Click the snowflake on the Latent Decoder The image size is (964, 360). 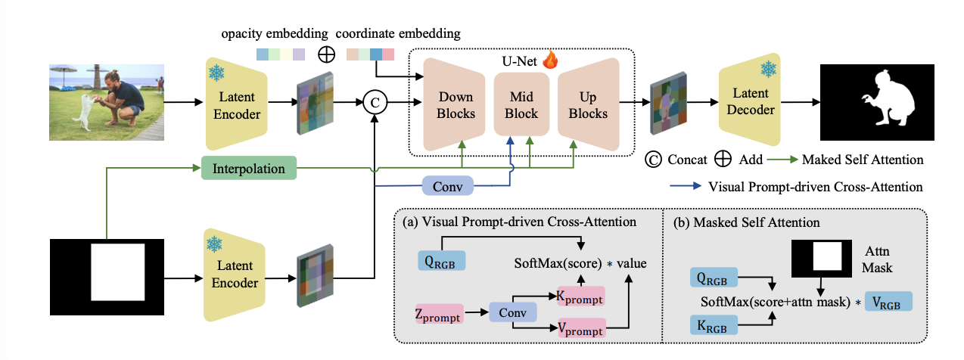[x=768, y=69]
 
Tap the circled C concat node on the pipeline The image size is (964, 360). [x=374, y=101]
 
